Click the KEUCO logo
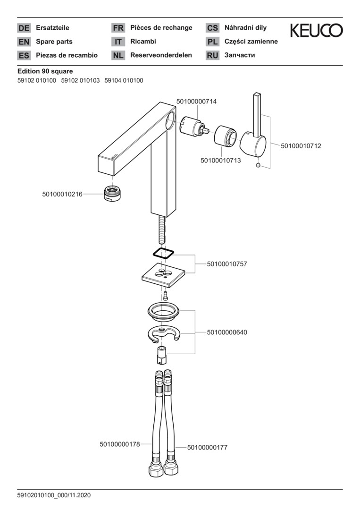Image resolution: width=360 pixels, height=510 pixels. click(316, 31)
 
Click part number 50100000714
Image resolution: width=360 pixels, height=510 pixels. click(196, 102)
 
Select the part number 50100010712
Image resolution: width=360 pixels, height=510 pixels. click(301, 146)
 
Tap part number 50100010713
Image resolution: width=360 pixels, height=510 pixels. click(220, 161)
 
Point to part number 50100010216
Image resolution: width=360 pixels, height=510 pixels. click(62, 194)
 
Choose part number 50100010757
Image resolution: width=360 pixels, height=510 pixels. click(227, 264)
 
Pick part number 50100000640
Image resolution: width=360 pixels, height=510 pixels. click(227, 332)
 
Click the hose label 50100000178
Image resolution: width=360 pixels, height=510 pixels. click(120, 444)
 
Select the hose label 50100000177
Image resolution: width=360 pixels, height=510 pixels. click(207, 447)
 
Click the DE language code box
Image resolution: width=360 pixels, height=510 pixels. click(24, 28)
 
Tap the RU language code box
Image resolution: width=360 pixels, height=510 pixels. click(212, 55)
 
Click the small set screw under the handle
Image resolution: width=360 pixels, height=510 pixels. click(258, 165)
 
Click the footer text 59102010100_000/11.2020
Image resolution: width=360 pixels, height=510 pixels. click(54, 495)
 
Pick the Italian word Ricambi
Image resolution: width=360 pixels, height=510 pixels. click(143, 42)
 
